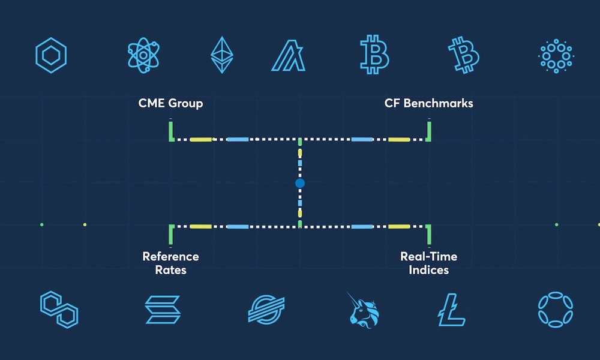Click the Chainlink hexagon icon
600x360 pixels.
pyautogui.click(x=51, y=55)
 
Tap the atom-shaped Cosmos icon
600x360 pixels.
pyautogui.click(x=144, y=55)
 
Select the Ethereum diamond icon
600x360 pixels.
pyautogui.click(x=221, y=55)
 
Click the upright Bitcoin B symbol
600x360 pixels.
pyautogui.click(x=374, y=55)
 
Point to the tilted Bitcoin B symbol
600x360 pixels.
pyautogui.click(x=464, y=55)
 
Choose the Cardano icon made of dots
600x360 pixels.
pyautogui.click(x=554, y=56)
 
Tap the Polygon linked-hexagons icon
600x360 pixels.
pyautogui.click(x=59, y=309)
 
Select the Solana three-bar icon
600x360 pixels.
pyautogui.click(x=163, y=310)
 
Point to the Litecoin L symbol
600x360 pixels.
pyautogui.click(x=452, y=310)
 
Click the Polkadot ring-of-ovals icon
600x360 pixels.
pyautogui.click(x=555, y=310)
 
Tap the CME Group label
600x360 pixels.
pyautogui.click(x=170, y=103)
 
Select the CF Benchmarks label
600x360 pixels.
pyautogui.click(x=428, y=103)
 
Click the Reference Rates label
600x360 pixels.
pyautogui.click(x=170, y=263)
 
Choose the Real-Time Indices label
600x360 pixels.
pyautogui.click(x=428, y=263)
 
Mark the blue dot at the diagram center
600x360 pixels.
pyautogui.click(x=300, y=182)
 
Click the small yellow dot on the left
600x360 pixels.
pyautogui.click(x=85, y=224)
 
